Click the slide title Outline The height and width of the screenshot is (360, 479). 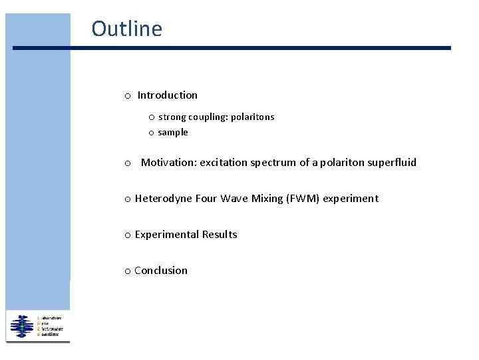[x=126, y=29]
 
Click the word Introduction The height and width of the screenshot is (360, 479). [x=168, y=95]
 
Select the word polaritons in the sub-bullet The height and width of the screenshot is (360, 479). [x=252, y=117]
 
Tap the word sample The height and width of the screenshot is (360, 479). [x=173, y=132]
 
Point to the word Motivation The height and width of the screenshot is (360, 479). [x=168, y=162]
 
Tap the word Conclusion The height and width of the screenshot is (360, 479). [x=161, y=270]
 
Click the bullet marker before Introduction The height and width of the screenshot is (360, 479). [x=127, y=96]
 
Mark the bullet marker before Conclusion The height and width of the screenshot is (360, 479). [x=127, y=271]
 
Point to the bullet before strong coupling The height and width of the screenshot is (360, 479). [x=152, y=117]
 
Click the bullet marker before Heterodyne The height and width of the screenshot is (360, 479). [x=127, y=199]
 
